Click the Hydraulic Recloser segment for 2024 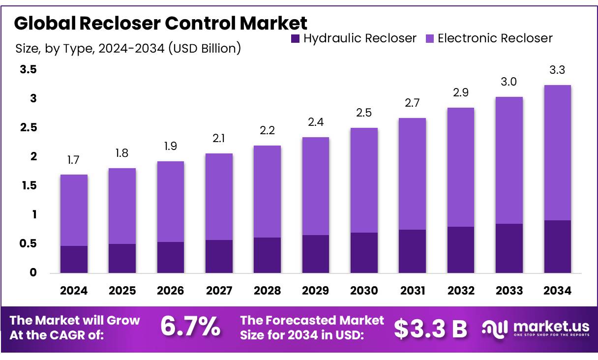point(74,259)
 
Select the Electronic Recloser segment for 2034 point(557,152)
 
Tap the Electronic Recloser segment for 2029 point(316,186)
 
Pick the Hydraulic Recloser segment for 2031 point(412,251)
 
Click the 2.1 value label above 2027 point(219,139)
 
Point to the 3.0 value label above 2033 point(509,82)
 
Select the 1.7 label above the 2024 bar point(74,160)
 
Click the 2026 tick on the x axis point(170,291)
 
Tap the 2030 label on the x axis point(364,291)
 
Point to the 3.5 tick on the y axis point(29,70)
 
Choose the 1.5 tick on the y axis point(29,186)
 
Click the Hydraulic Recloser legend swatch point(295,38)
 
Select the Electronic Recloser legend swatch point(430,38)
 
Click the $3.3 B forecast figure point(430,329)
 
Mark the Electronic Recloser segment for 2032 point(461,167)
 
